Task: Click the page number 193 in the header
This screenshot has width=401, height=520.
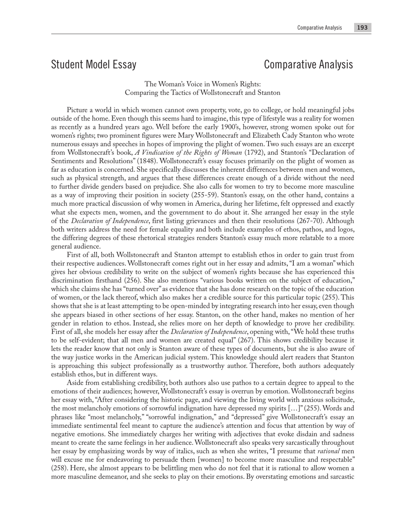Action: click(x=362, y=27)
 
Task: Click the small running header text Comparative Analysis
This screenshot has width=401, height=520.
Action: click(x=320, y=27)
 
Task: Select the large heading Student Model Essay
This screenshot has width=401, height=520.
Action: click(x=94, y=64)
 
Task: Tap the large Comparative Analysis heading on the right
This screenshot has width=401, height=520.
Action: click(x=308, y=64)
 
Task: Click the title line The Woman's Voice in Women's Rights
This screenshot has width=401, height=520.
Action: click(x=203, y=84)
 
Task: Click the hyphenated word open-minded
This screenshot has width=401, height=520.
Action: click(x=208, y=306)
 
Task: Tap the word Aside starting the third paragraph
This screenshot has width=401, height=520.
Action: click(x=76, y=383)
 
